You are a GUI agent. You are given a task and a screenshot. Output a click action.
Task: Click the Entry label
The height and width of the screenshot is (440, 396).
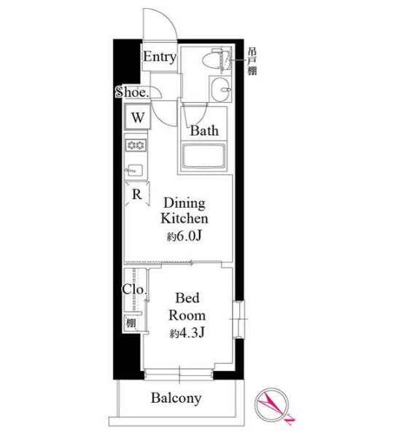(x=160, y=57)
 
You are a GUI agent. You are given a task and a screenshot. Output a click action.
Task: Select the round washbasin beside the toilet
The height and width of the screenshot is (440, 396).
(x=221, y=89)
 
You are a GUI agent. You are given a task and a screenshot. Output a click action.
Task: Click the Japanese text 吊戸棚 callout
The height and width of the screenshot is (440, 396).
(x=252, y=62)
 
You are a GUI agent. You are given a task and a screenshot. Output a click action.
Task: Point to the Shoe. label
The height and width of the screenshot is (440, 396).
(x=132, y=92)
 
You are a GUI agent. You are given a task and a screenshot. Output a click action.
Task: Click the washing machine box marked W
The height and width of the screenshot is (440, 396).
(x=138, y=117)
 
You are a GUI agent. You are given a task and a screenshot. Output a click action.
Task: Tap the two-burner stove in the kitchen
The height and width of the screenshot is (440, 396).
(x=136, y=146)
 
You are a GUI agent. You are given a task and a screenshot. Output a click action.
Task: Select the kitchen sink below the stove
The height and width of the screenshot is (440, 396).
(x=135, y=170)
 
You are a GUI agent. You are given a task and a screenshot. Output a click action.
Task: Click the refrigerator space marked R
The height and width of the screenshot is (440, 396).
(x=137, y=195)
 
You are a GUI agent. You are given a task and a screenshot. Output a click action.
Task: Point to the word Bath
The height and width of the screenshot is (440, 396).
(x=204, y=131)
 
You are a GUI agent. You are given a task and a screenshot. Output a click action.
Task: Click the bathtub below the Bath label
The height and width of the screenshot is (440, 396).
(x=203, y=157)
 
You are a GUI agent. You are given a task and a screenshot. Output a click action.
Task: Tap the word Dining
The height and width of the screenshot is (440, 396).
(x=185, y=204)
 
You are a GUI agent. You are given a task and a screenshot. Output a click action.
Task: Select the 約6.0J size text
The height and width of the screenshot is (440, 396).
(x=185, y=237)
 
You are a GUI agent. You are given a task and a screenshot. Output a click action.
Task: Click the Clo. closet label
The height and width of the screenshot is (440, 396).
(x=134, y=289)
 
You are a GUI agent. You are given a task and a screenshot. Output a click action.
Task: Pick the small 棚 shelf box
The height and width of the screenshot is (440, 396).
(x=131, y=323)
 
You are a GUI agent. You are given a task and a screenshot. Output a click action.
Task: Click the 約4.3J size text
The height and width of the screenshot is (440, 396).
(x=187, y=333)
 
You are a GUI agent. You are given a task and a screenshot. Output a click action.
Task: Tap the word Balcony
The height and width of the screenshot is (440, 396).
(x=176, y=398)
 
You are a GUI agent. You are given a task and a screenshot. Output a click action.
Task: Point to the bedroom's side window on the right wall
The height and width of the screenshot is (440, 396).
(x=238, y=319)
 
